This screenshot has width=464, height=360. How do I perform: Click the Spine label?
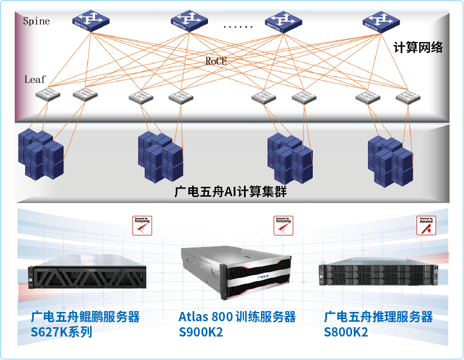tap(36, 21)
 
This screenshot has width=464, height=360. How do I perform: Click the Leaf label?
tap(35, 79)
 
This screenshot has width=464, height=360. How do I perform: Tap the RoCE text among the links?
tap(216, 62)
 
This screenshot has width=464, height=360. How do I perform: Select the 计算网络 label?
tap(418, 48)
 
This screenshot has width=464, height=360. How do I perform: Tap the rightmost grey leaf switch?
tap(408, 97)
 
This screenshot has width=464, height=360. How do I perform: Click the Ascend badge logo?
tap(426, 225)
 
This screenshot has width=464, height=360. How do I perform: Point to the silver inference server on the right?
tap(378, 272)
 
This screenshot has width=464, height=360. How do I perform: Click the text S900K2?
tap(201, 332)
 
